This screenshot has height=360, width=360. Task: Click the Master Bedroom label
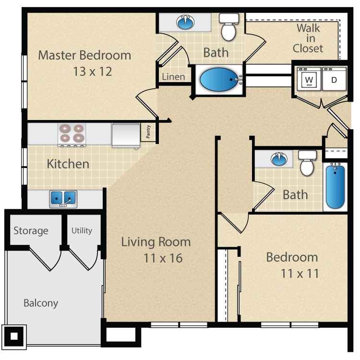click(84, 55)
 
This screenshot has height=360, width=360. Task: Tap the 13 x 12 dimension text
click(93, 72)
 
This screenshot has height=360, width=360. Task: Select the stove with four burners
click(71, 134)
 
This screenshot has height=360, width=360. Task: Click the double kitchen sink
click(63, 198)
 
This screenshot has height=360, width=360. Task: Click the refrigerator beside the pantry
click(126, 135)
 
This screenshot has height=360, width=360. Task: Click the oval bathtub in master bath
click(219, 80)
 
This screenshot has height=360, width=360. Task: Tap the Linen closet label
click(173, 77)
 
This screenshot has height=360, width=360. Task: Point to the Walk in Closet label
click(308, 38)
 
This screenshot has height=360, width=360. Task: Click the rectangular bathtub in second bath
click(335, 186)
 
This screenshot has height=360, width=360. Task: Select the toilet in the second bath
click(307, 163)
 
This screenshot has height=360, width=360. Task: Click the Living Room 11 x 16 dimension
click(163, 258)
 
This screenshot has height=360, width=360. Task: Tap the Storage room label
click(31, 231)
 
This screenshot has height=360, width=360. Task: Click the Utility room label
click(82, 230)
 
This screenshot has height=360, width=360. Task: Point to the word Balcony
click(41, 303)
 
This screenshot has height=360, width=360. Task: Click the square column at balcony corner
click(14, 336)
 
